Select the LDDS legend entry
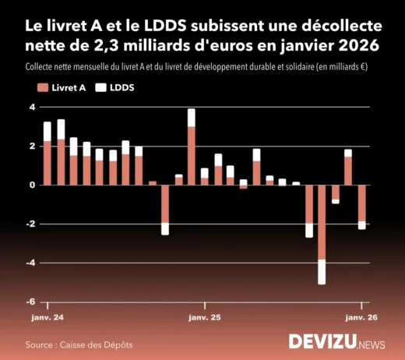(114, 87)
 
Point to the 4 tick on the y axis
(33, 107)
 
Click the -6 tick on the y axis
(31, 302)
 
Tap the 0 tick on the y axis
(33, 185)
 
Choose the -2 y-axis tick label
(31, 224)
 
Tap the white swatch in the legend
(100, 87)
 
